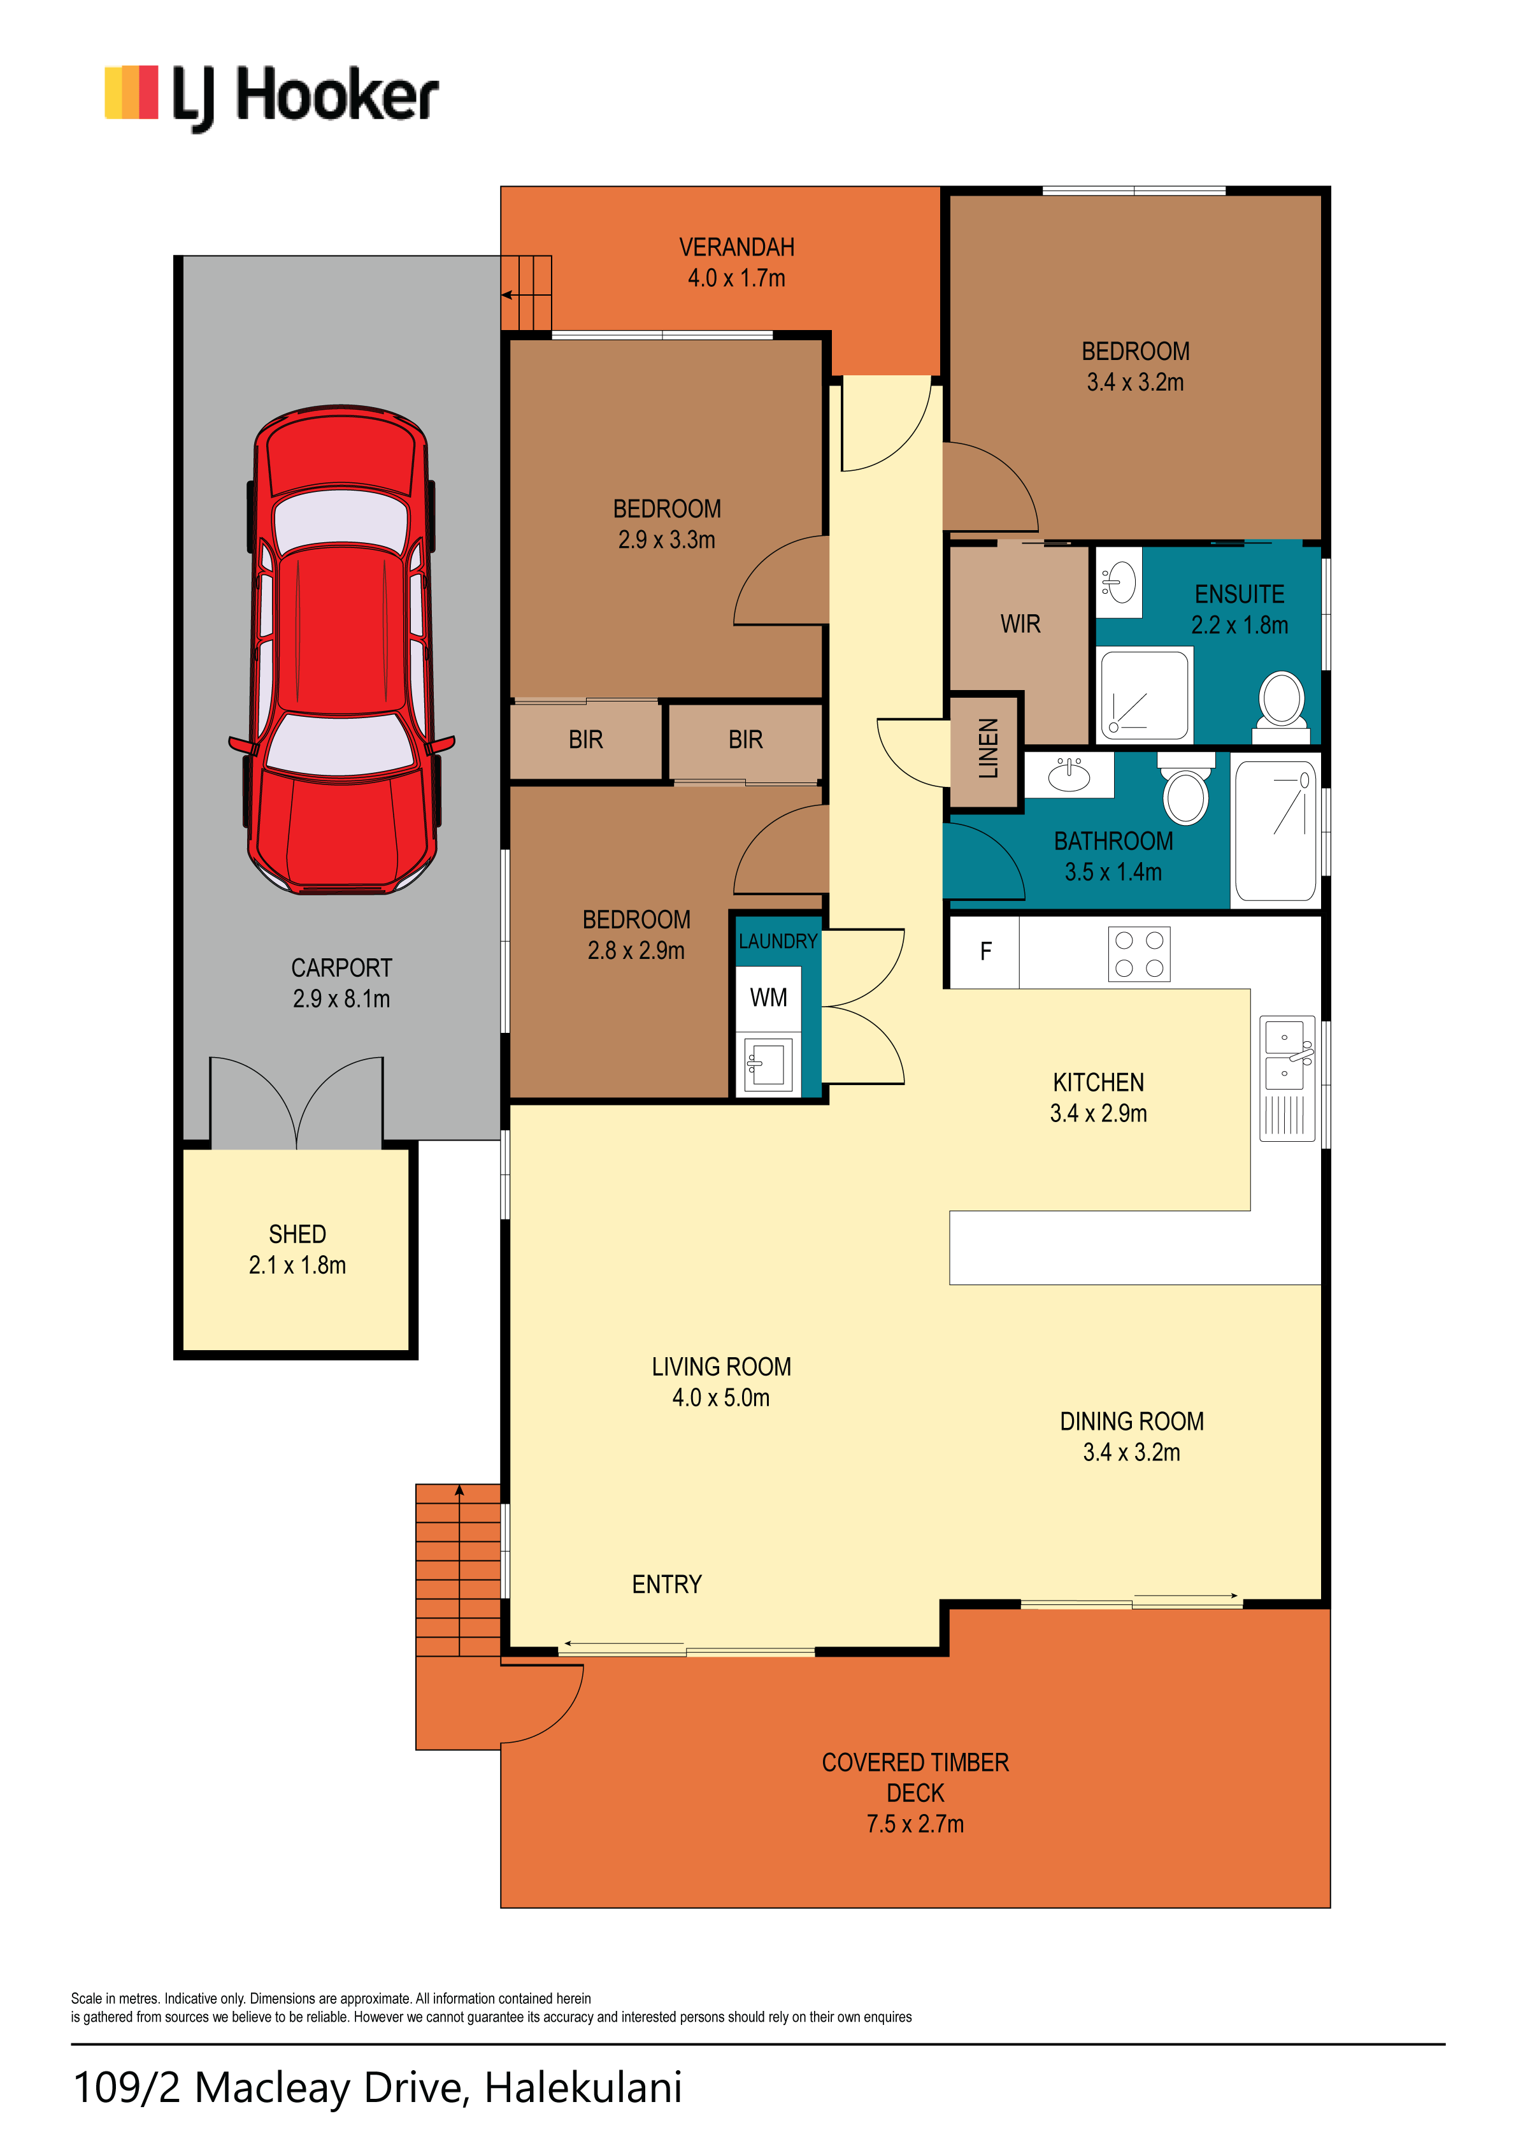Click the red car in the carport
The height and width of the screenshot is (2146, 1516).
(342, 649)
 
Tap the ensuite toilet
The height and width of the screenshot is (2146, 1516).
(1282, 707)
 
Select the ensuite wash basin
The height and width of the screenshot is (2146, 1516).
(1119, 583)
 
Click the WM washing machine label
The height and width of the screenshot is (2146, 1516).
(768, 998)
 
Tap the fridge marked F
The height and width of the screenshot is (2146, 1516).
(985, 951)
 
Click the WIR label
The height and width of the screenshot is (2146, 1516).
(1020, 624)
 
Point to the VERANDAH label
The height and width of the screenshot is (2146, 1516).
(736, 248)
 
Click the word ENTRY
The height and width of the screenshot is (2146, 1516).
(666, 1584)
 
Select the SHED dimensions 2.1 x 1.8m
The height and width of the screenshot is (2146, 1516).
(297, 1265)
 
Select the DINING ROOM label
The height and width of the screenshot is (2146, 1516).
(1132, 1422)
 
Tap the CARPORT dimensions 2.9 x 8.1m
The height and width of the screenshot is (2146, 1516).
(342, 999)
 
